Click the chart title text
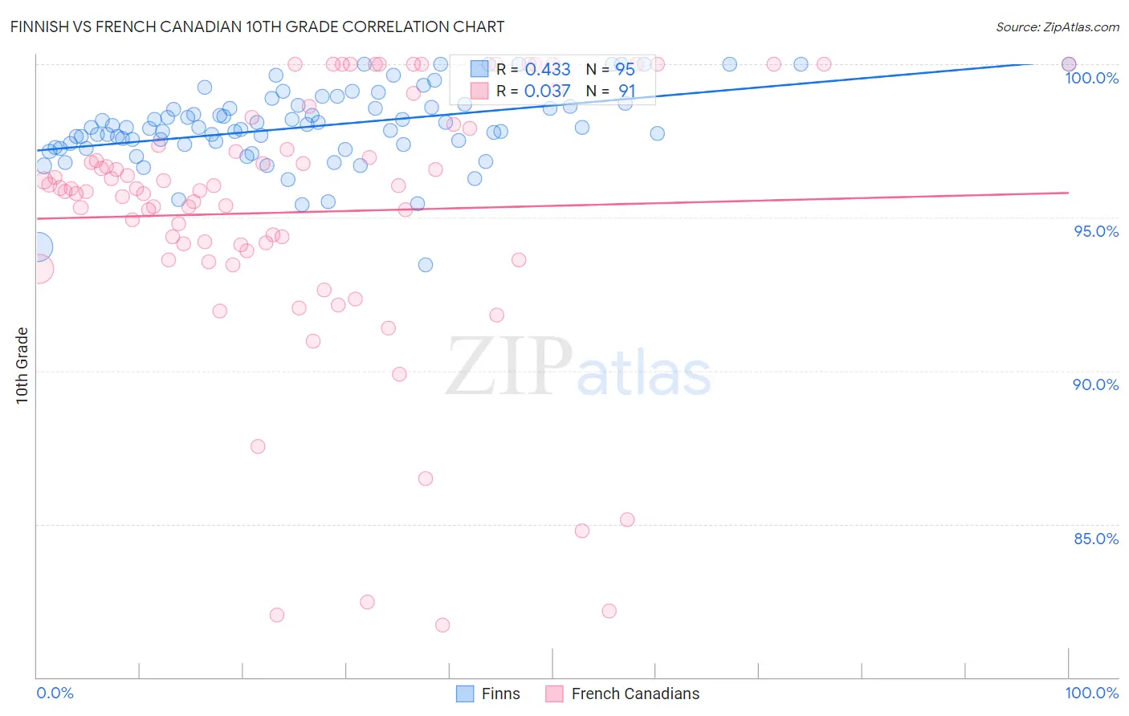tap(257, 26)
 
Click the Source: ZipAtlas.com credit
tap(1057, 26)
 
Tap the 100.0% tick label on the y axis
tap(1091, 78)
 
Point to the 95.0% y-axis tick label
tap(1095, 231)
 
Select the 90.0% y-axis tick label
tap(1095, 384)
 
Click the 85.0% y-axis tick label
tap(1095, 539)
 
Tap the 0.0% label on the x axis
tap(55, 693)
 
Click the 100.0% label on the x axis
tap(1091, 693)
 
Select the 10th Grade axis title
tap(22, 365)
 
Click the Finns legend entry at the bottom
tap(500, 694)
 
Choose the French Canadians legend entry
tap(634, 694)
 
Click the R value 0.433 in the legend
tap(548, 70)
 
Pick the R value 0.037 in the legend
tap(548, 92)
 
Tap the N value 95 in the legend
tap(625, 70)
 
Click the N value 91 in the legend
tap(626, 92)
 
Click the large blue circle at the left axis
tap(37, 247)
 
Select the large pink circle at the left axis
tap(38, 269)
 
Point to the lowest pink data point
tap(442, 624)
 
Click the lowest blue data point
tap(426, 265)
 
